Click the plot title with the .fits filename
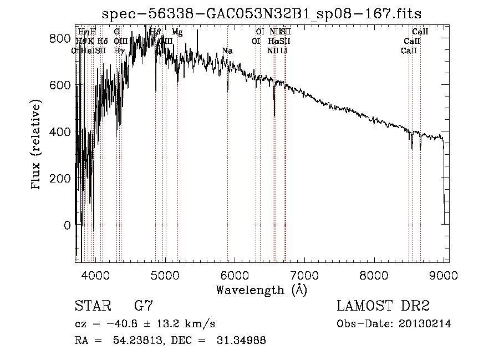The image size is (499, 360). tap(266, 14)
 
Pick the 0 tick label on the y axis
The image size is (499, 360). tap(67, 225)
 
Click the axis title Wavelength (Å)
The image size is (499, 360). tap(261, 290)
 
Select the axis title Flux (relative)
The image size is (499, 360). tap(37, 145)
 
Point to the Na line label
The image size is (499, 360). tap(227, 51)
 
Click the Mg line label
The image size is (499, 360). tap(177, 33)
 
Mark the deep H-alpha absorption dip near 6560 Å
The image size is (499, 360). tap(274, 114)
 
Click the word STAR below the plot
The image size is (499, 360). tap(92, 306)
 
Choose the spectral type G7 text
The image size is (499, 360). tap(144, 306)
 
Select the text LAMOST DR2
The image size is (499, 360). tap(383, 306)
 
